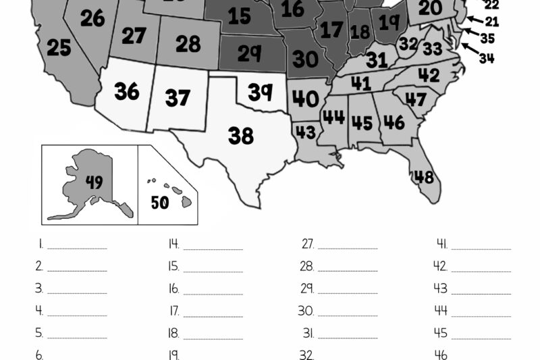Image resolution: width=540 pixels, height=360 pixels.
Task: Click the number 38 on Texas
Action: click(240, 136)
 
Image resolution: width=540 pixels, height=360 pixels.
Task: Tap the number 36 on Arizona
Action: click(127, 91)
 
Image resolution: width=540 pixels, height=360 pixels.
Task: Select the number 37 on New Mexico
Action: click(178, 98)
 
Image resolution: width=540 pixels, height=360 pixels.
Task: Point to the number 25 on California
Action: click(59, 48)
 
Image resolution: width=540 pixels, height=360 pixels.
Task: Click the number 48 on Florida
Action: click(424, 177)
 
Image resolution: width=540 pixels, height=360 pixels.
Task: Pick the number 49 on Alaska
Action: click(94, 182)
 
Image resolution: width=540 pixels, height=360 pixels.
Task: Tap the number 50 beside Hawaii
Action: click(160, 202)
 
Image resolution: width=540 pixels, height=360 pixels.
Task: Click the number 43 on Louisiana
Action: click(306, 130)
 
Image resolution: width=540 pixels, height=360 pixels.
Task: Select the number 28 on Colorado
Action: click(188, 44)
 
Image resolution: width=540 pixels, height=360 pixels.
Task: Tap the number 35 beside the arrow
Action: click(487, 38)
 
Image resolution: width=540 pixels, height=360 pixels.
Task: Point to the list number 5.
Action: click(39, 333)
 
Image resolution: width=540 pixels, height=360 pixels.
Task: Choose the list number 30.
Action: click(306, 311)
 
